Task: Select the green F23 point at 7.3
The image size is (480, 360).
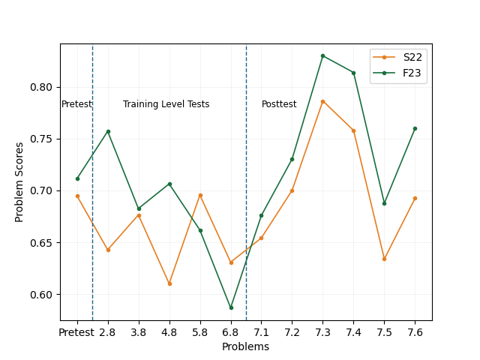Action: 322,55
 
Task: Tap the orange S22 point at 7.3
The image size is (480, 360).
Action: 322,101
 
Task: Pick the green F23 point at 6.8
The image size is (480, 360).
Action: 231,307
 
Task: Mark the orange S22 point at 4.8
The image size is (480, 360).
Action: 169,283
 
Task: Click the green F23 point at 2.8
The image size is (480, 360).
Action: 108,131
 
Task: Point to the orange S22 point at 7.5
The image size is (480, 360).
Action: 384,259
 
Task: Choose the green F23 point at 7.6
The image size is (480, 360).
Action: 415,128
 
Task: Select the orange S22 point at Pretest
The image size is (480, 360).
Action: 77,196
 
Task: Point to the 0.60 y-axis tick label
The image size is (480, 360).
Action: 43,295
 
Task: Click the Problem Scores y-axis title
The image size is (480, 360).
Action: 20,183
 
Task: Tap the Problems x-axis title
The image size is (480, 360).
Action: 245,346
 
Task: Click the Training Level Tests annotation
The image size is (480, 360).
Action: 166,104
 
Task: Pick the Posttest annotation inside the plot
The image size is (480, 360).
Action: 279,104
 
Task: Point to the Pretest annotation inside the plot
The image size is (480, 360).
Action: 76,104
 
